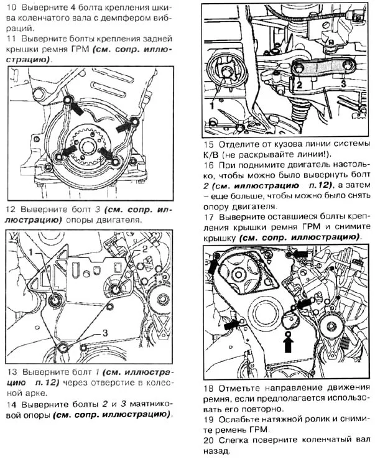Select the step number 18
pos(209,388)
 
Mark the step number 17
pos(209,217)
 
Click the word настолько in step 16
pos(336,175)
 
